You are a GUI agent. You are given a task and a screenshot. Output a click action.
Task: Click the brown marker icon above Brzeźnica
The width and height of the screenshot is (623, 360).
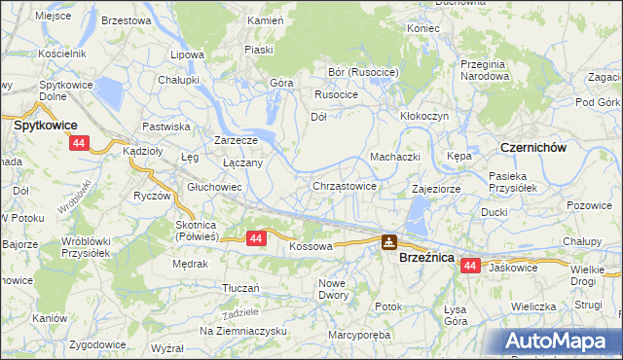[389, 242]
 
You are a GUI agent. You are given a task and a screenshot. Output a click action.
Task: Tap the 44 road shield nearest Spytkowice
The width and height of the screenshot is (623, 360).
[79, 143]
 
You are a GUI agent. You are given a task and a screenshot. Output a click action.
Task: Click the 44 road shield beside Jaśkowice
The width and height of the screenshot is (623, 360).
[471, 266]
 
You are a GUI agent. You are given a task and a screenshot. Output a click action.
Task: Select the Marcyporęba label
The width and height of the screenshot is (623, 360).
[358, 334]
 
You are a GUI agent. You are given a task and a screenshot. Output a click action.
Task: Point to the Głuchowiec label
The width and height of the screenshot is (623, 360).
[214, 187]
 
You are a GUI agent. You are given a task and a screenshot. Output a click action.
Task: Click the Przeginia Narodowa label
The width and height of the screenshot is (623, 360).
[486, 69]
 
